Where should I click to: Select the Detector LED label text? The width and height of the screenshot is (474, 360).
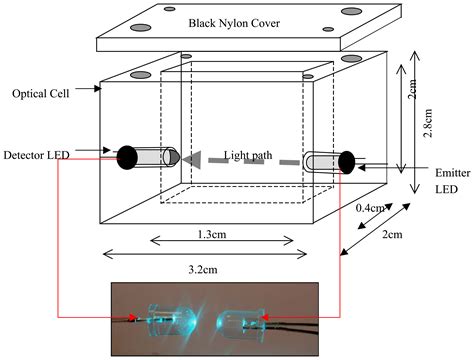click(40, 157)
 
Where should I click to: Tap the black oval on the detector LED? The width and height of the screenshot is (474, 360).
click(127, 157)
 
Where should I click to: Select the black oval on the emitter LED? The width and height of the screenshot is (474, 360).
click(347, 160)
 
